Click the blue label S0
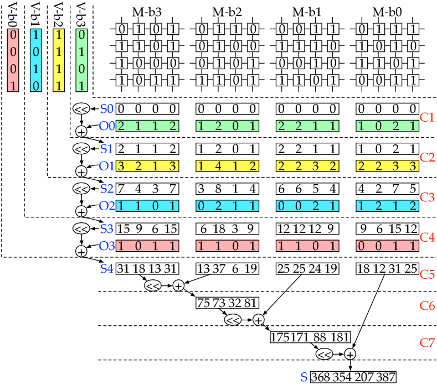point(106,108)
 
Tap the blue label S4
point(106,269)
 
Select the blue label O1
point(106,166)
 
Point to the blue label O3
point(106,246)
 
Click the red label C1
point(426,117)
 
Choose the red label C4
point(426,237)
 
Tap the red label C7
point(426,343)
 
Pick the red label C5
point(426,274)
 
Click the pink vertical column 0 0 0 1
point(13,60)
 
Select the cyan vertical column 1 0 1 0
point(36,60)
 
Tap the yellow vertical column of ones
point(59,60)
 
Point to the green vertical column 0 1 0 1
point(81,60)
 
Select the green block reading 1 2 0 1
point(227,126)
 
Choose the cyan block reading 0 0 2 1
point(307,206)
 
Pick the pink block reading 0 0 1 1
point(387,246)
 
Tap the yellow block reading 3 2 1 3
point(147,166)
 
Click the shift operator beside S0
point(81,109)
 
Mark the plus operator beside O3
point(81,251)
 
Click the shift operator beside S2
point(81,189)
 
